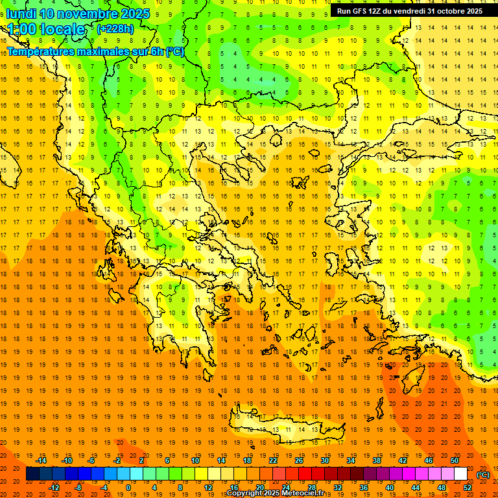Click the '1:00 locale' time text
[46, 29]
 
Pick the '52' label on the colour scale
[468, 487]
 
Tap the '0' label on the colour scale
[128, 487]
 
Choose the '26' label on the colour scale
[299, 460]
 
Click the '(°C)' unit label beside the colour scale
[483, 474]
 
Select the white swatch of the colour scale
[460, 474]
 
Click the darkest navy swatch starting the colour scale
[32, 474]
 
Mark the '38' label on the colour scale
[377, 460]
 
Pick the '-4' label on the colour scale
[103, 487]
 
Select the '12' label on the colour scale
[208, 487]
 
